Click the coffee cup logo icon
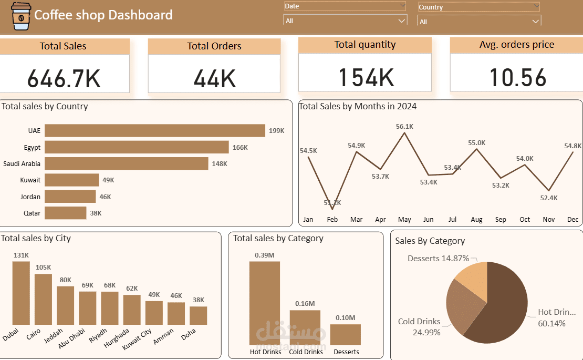click(20, 16)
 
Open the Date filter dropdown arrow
click(402, 20)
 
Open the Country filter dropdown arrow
click(535, 22)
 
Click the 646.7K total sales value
click(64, 78)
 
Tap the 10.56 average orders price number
click(518, 77)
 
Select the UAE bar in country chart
click(154, 130)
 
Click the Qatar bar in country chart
click(65, 213)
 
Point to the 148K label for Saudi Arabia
click(220, 164)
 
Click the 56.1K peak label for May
click(404, 126)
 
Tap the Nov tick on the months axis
click(549, 220)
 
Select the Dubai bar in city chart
click(21, 293)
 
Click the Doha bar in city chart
click(198, 315)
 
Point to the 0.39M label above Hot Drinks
click(264, 255)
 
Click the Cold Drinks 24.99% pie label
click(419, 326)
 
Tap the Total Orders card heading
click(214, 46)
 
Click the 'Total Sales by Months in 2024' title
click(358, 106)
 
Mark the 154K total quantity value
click(366, 77)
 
